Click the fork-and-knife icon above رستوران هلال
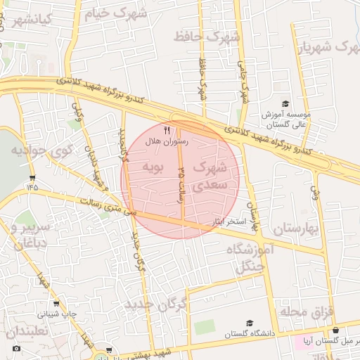click(167, 130)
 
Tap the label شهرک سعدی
click(209, 176)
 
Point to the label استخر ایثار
click(226, 221)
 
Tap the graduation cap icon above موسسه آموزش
click(285, 103)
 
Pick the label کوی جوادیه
click(42, 150)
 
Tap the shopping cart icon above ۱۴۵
click(32, 179)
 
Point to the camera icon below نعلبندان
click(17, 349)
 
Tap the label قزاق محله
click(309, 310)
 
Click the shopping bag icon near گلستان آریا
click(336, 330)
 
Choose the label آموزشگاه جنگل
click(245, 257)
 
